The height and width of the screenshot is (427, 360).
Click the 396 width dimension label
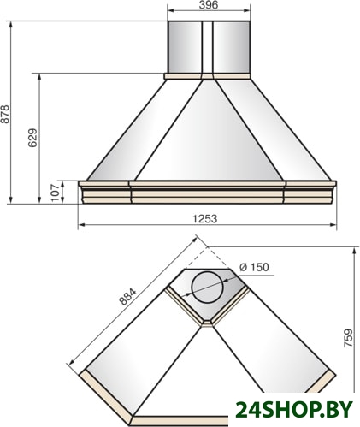click(x=208, y=4)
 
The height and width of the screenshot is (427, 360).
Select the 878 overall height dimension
click(x=5, y=115)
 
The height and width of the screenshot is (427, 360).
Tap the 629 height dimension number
click(x=32, y=138)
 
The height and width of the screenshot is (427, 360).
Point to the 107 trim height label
click(x=56, y=193)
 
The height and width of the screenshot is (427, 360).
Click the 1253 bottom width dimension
click(x=205, y=219)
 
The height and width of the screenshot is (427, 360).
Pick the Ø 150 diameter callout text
click(x=254, y=267)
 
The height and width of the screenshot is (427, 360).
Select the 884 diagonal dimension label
click(x=127, y=297)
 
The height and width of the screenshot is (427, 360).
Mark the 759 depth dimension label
click(x=348, y=338)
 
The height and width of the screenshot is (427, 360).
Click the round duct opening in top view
click(x=207, y=287)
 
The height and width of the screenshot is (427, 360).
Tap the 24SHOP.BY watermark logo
click(x=294, y=409)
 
